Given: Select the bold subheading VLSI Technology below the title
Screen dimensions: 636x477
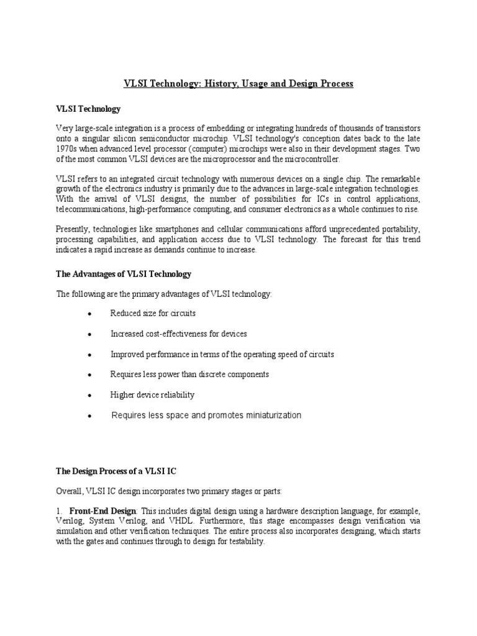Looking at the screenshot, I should click(88, 109).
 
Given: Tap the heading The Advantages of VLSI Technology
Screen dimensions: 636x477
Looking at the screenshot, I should click(124, 274).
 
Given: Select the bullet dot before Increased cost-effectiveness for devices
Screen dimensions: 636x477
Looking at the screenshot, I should click(91, 335).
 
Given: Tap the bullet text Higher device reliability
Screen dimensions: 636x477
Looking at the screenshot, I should click(152, 394).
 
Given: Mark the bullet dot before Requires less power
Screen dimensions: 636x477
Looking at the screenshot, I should click(91, 375).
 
